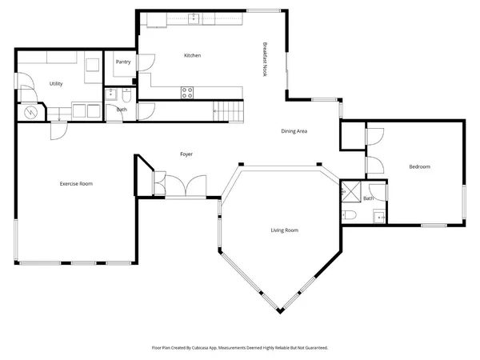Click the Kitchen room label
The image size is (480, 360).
tap(192, 55)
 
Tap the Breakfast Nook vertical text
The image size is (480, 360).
tap(265, 59)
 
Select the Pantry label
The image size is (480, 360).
tap(122, 62)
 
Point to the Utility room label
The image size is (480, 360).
tap(56, 83)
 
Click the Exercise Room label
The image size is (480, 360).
tap(76, 184)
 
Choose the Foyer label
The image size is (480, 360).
tap(186, 154)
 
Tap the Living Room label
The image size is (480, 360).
tap(283, 230)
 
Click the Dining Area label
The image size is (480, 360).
tap(294, 131)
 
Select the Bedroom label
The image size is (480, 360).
tap(420, 166)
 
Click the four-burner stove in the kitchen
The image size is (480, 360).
tap(188, 92)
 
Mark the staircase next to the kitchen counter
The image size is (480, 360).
tap(228, 110)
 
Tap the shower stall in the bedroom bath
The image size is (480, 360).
tap(350, 191)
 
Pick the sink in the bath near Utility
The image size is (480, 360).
tap(110, 94)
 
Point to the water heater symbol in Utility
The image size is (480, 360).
tap(32, 113)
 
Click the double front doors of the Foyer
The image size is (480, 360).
tap(186, 186)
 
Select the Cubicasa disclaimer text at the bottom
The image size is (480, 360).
tap(240, 348)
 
